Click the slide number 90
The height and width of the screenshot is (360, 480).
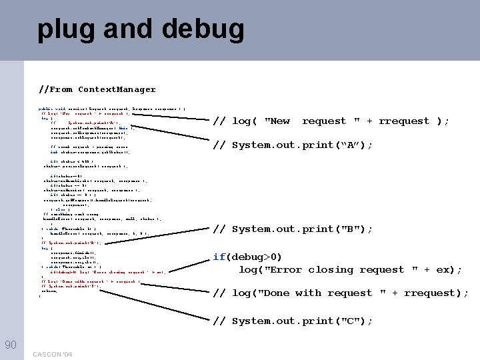[11, 344]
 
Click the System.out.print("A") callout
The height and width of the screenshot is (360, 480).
[293, 145]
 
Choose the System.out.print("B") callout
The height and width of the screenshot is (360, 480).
[293, 229]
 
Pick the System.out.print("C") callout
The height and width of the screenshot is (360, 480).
[293, 321]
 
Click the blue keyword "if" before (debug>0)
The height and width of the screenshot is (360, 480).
[219, 257]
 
